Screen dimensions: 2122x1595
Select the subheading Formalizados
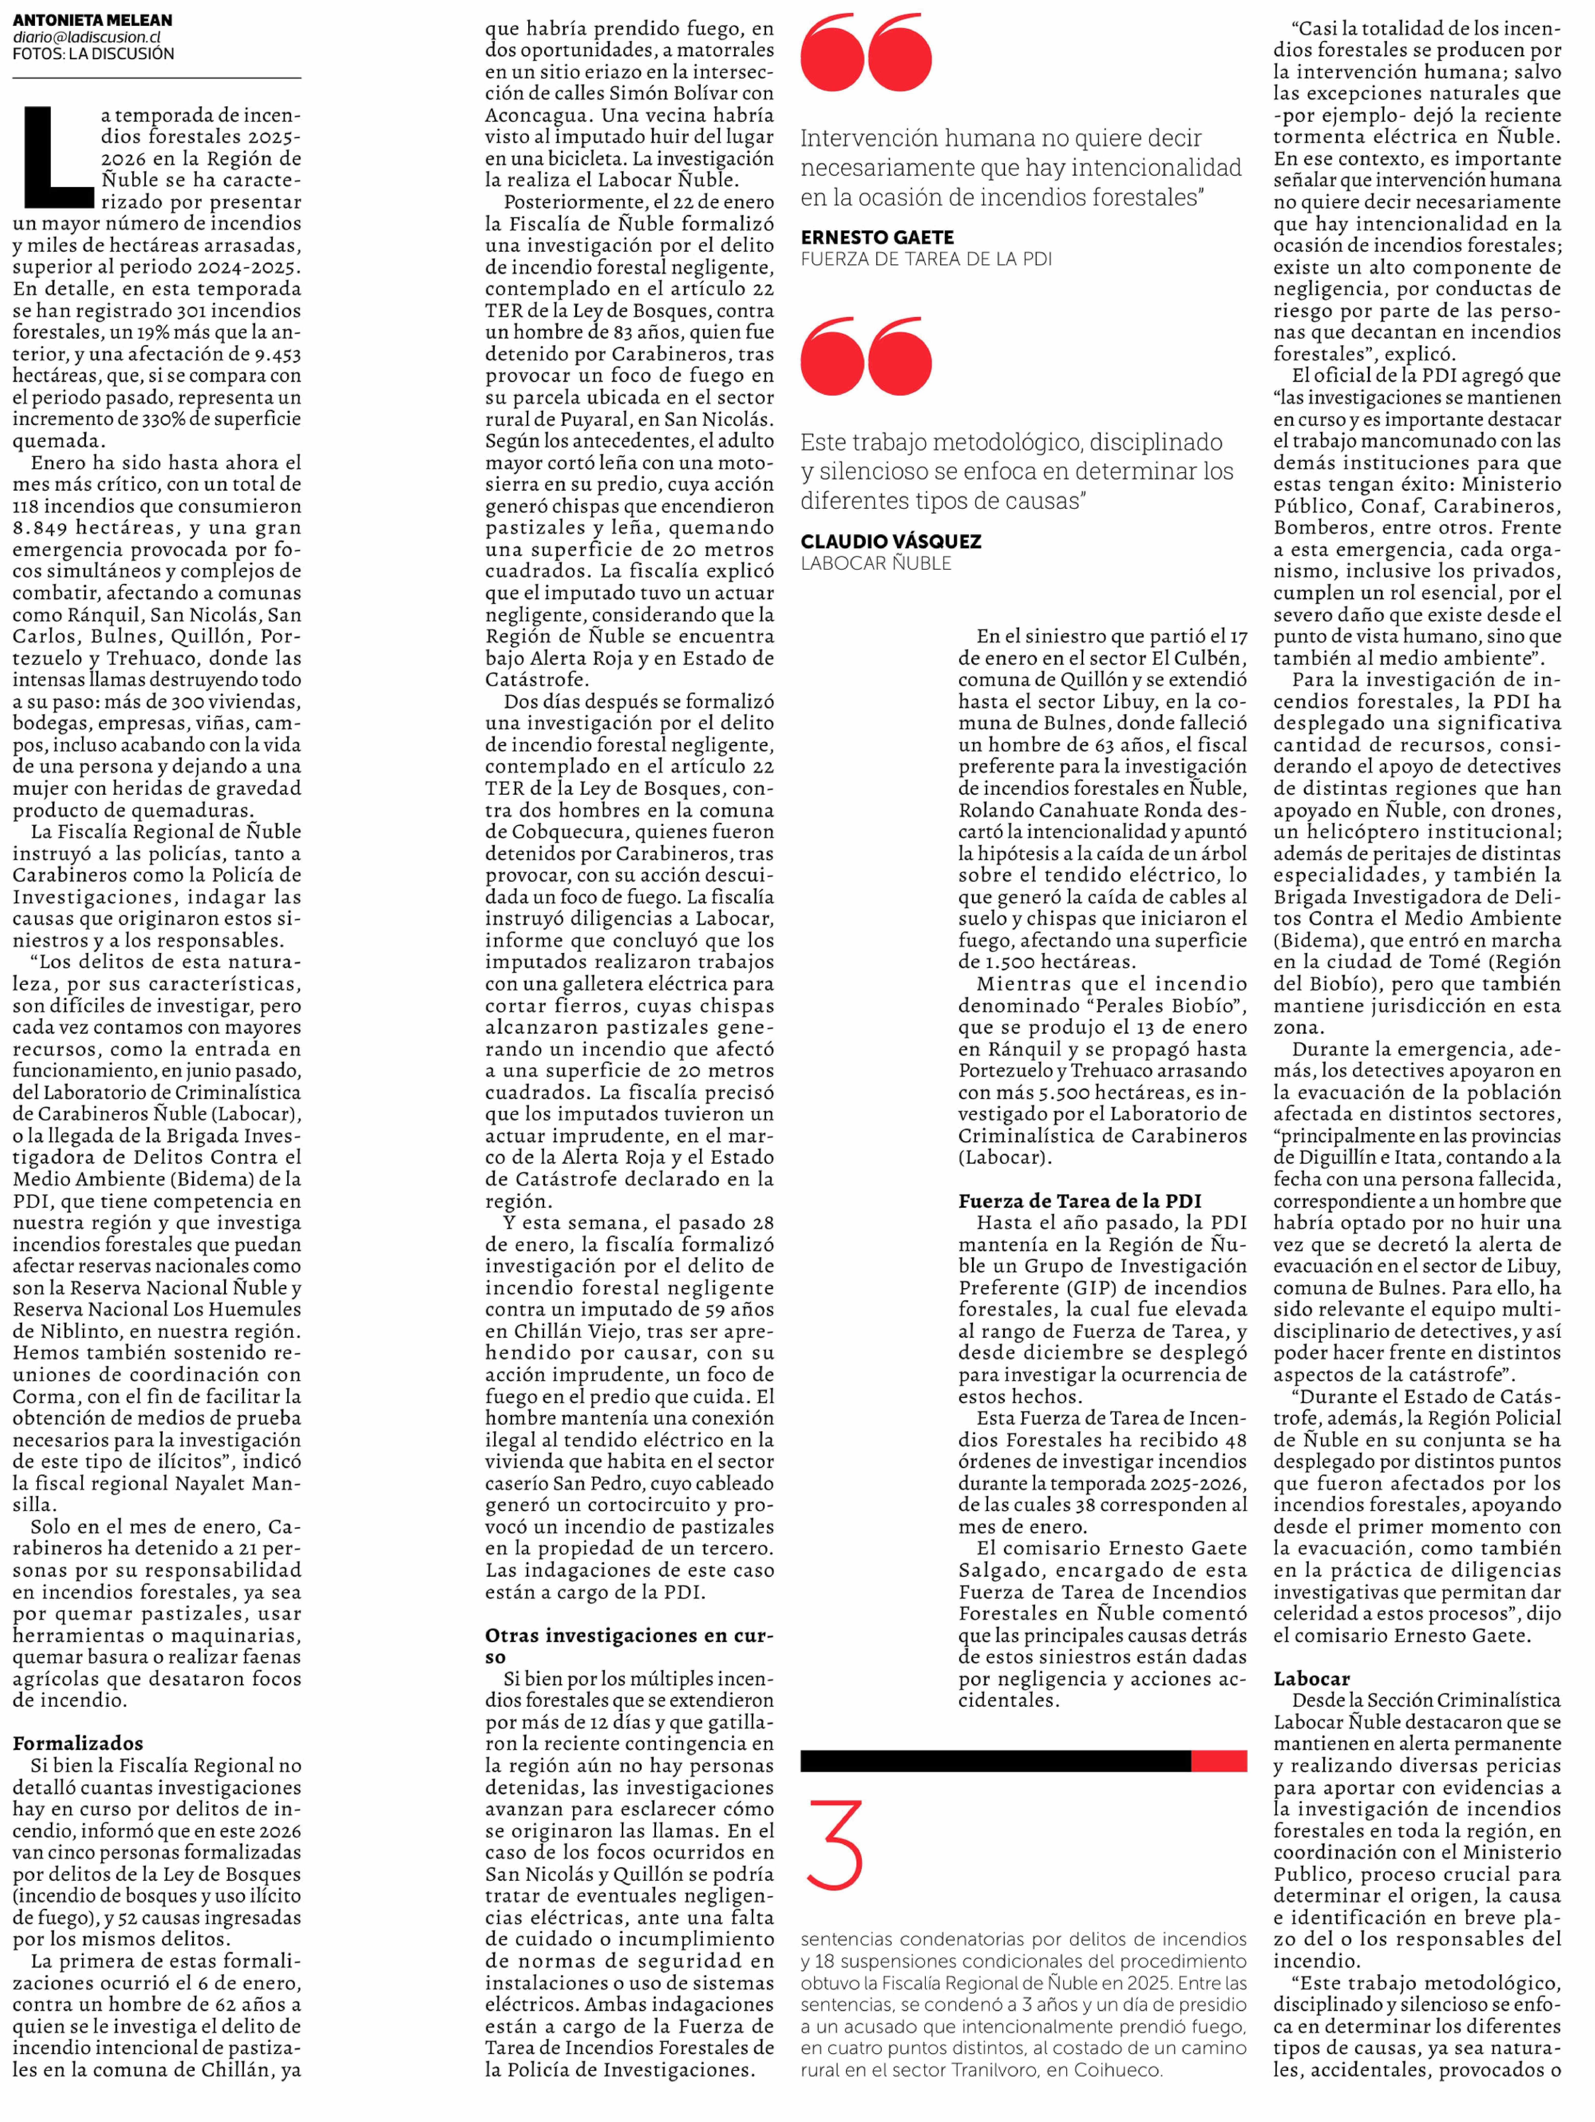(x=78, y=1743)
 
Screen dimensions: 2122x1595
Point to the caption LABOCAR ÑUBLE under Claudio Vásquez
(x=876, y=563)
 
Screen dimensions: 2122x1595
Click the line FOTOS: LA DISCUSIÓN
(x=93, y=54)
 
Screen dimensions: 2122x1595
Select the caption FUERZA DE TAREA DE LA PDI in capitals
(x=925, y=259)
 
